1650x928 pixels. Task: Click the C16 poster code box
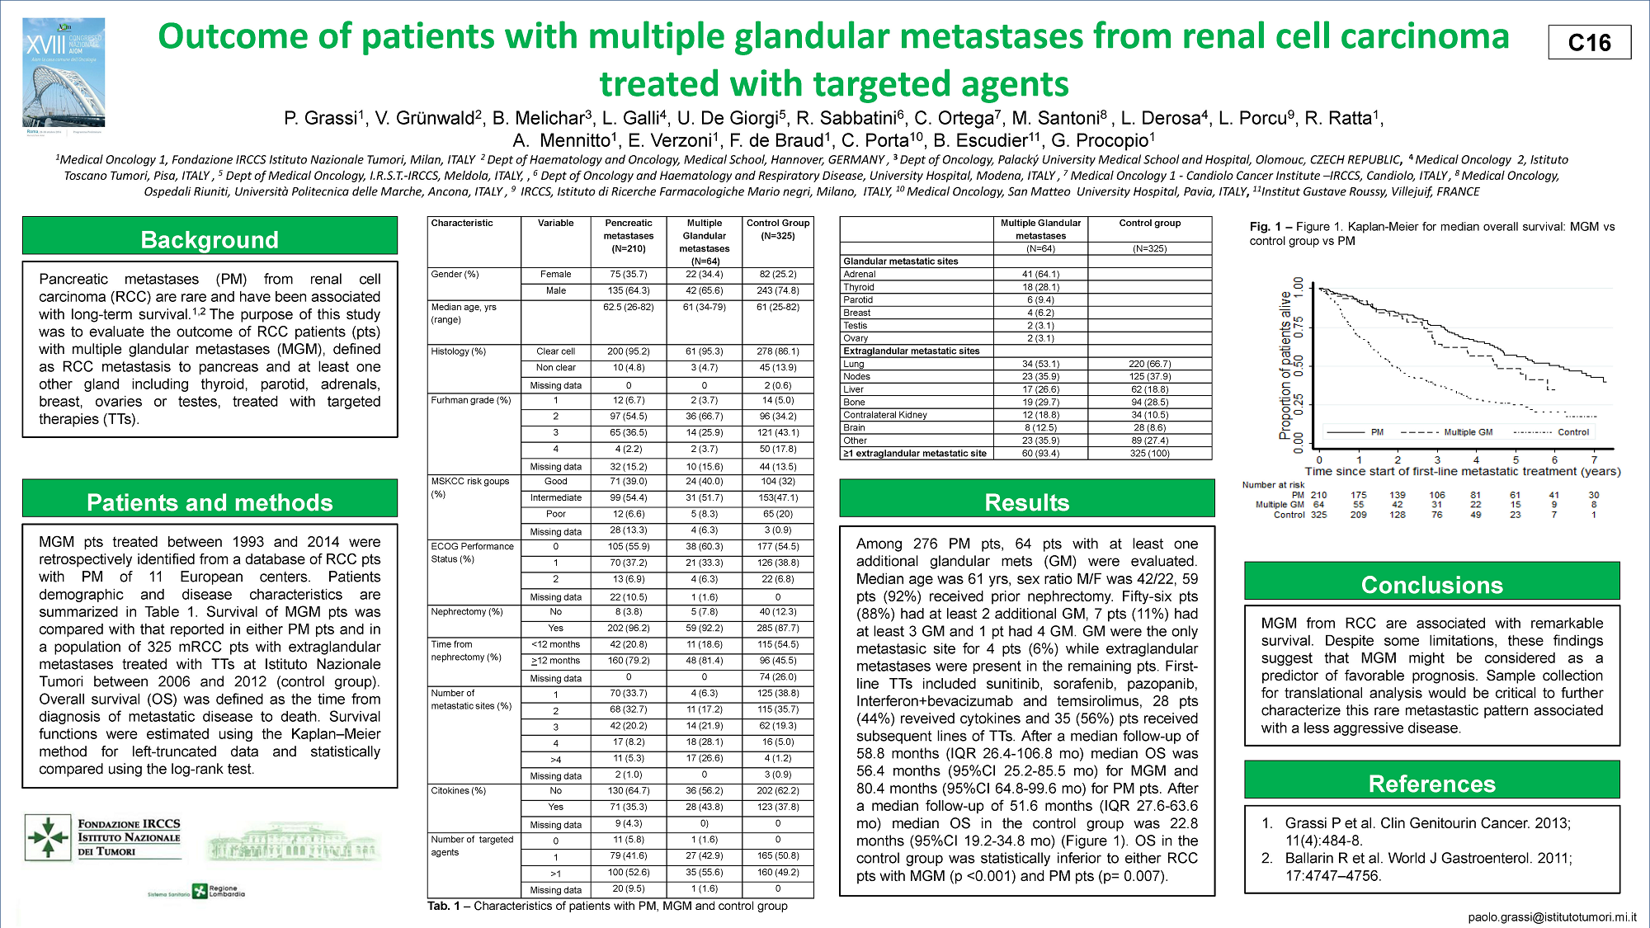point(1589,42)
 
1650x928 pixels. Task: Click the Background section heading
point(210,239)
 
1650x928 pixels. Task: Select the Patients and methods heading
point(210,502)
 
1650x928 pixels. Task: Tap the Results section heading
point(1026,502)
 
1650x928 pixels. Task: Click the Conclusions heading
point(1431,585)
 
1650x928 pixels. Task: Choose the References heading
point(1431,784)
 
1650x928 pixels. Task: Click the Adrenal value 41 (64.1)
point(1040,274)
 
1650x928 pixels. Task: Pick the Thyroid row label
point(859,287)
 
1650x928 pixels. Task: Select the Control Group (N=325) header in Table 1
point(777,229)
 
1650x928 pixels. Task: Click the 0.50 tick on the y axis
point(1299,365)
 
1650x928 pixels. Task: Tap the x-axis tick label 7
point(1594,460)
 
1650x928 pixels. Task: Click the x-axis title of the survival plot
point(1462,472)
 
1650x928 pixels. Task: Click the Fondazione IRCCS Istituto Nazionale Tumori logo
point(103,836)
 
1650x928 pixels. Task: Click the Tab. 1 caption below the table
point(607,906)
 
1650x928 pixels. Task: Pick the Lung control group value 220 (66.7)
point(1149,364)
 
